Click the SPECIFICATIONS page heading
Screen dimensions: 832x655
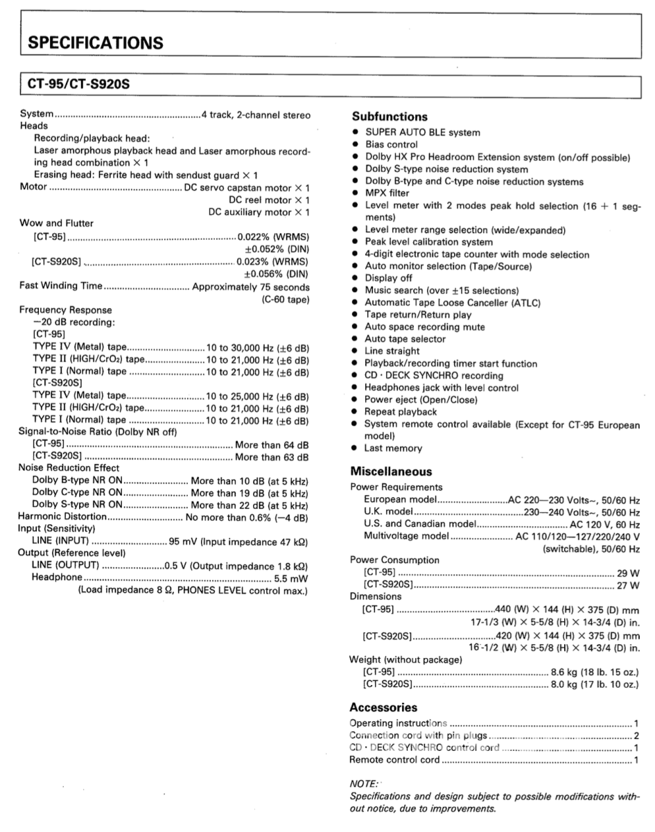pyautogui.click(x=96, y=43)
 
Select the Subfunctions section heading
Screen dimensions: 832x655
pyautogui.click(x=390, y=117)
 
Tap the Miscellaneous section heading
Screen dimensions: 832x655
pyautogui.click(x=391, y=471)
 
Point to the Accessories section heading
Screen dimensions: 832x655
pyautogui.click(x=383, y=708)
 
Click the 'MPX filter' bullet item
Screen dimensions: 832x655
pyautogui.click(x=387, y=193)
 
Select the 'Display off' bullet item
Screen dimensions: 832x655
pyautogui.click(x=390, y=278)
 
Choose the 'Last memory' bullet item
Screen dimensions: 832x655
pyautogui.click(x=393, y=449)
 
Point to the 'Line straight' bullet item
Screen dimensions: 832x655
pyautogui.click(x=392, y=352)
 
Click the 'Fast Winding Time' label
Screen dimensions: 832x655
pyautogui.click(x=61, y=286)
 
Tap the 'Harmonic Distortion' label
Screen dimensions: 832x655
pyautogui.click(x=62, y=517)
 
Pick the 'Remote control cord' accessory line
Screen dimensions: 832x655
pyautogui.click(x=394, y=761)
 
